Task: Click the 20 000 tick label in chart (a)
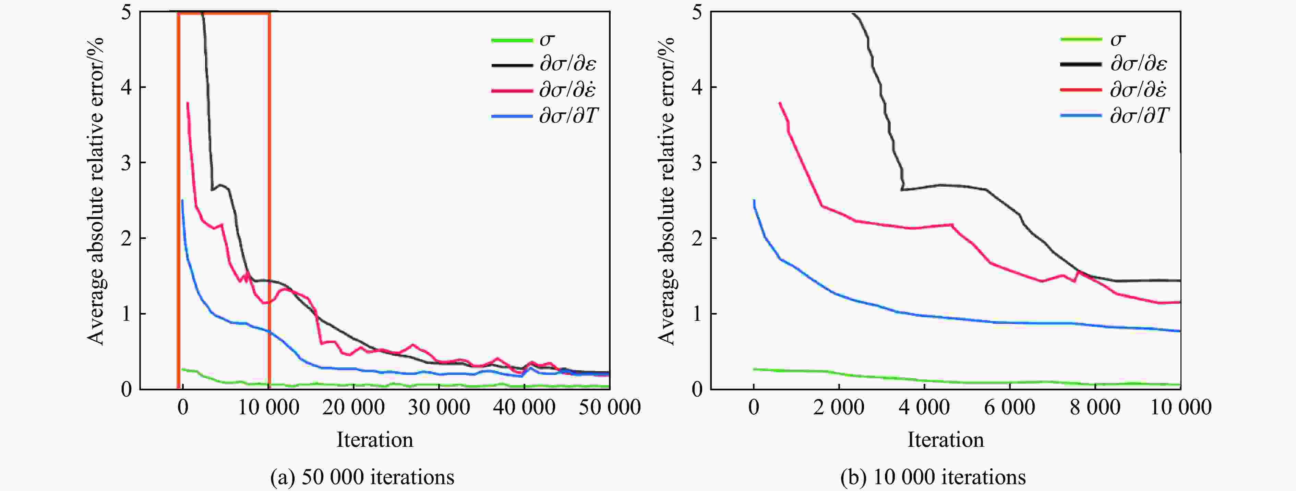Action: point(354,407)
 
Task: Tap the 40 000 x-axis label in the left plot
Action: point(524,407)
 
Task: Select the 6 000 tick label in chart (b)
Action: point(1010,407)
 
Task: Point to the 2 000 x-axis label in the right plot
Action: point(839,407)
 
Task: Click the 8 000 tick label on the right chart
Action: point(1095,407)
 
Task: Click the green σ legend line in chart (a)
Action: point(512,40)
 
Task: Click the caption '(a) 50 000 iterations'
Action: point(362,476)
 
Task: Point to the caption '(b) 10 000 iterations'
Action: point(933,476)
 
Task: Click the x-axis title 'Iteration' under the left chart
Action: point(375,440)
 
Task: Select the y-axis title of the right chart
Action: point(667,191)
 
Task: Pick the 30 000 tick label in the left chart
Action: point(439,407)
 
